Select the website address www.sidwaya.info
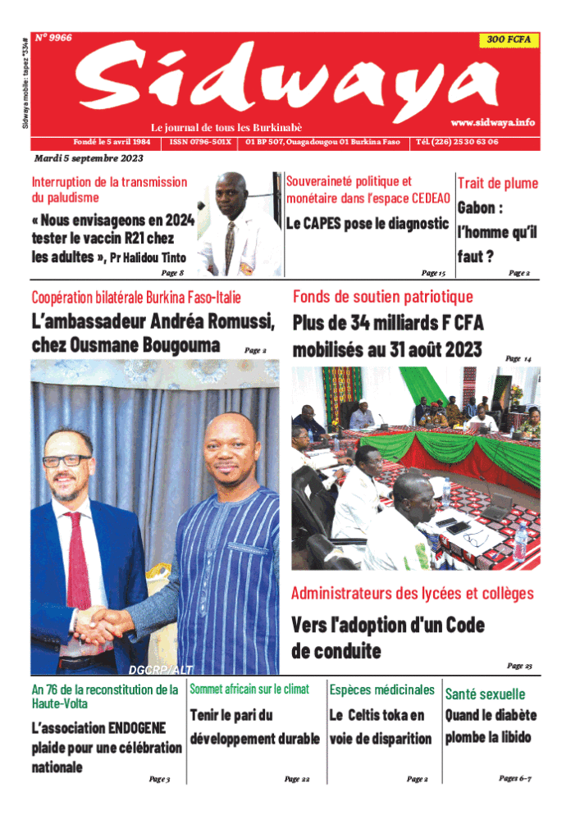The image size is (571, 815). (492, 122)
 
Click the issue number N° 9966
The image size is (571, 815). (54, 38)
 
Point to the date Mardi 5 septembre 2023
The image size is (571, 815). (89, 158)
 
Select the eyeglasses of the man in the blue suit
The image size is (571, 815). (66, 460)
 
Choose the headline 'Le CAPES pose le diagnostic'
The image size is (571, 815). (367, 223)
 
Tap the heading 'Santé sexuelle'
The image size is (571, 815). (485, 694)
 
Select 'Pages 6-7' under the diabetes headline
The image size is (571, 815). (515, 777)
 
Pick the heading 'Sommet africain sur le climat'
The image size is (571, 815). (249, 690)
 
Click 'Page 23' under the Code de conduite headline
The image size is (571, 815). (519, 666)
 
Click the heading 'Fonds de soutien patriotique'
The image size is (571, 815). (383, 297)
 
